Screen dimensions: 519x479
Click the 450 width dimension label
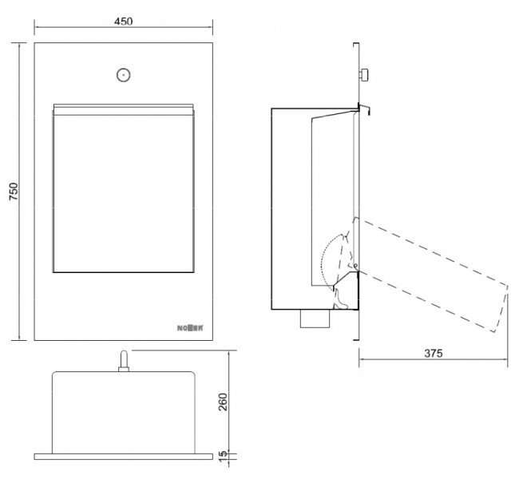point(124,22)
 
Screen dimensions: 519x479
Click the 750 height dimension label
point(14,192)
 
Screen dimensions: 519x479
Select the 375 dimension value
point(434,353)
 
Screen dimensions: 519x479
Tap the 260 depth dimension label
point(224,402)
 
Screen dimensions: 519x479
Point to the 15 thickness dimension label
point(224,453)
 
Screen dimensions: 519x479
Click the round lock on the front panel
point(124,75)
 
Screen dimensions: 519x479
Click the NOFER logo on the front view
point(190,328)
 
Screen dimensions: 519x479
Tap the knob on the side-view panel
point(364,74)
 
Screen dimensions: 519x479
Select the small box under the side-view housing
point(315,319)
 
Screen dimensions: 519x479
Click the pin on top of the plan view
point(124,361)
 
